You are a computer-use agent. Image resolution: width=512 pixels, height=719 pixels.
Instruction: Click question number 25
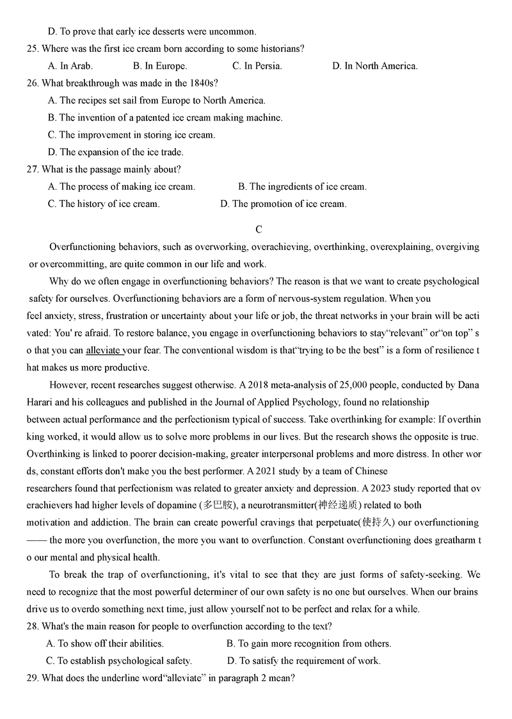tap(47, 48)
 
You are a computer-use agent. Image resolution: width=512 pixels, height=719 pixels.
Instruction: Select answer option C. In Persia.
tap(257, 65)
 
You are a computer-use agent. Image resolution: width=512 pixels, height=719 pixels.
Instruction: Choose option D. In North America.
tap(374, 65)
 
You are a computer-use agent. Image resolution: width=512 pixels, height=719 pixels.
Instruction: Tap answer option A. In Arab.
tap(70, 65)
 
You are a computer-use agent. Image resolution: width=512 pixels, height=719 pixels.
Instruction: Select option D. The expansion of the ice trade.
tap(115, 152)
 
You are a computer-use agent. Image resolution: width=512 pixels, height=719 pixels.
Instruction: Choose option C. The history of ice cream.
tap(104, 204)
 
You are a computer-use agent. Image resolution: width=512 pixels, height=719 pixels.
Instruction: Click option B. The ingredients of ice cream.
tap(302, 186)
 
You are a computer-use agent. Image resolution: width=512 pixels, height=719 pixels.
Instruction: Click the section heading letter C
tap(259, 229)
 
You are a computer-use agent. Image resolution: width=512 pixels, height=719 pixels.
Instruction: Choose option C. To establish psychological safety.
tap(118, 661)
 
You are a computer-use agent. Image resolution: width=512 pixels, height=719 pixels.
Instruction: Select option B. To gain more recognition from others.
tap(308, 643)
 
